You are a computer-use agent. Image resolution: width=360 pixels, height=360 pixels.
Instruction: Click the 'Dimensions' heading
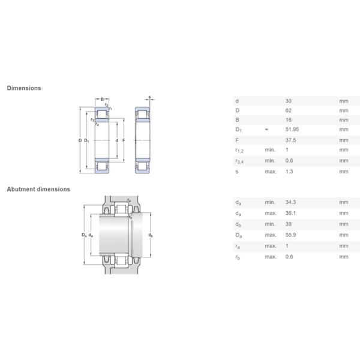(24, 88)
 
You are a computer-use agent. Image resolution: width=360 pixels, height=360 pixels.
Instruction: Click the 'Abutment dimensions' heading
(38, 189)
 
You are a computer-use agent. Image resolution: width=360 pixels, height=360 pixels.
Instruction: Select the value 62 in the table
(289, 111)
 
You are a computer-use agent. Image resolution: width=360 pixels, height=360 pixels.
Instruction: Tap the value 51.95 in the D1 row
(292, 130)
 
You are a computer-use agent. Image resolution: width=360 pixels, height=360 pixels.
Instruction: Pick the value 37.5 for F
(290, 140)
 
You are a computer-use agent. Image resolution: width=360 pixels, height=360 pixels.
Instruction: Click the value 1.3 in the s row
(289, 172)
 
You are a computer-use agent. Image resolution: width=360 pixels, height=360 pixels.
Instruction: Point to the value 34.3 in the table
(290, 203)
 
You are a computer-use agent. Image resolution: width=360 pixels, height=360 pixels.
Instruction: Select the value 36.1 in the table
(290, 213)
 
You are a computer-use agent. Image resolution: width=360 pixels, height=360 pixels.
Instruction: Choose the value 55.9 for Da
(290, 235)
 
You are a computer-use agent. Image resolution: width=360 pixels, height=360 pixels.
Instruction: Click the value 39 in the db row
(289, 224)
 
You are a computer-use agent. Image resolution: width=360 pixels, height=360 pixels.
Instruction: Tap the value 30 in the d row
(289, 101)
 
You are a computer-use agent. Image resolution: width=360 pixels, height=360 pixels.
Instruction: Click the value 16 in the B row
(289, 120)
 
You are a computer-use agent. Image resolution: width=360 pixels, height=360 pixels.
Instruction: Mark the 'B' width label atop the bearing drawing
(103, 98)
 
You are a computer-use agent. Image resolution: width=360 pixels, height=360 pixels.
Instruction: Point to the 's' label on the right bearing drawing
(149, 97)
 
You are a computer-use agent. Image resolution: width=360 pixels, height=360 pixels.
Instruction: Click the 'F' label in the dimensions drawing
(124, 140)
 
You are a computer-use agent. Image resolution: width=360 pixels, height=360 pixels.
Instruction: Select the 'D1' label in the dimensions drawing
(87, 140)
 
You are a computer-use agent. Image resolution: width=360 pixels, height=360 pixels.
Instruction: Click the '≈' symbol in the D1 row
(266, 130)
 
